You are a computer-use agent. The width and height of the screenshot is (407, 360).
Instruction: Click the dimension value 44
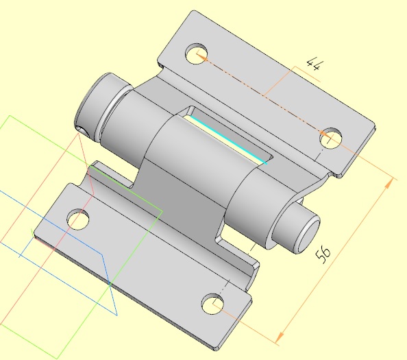click(x=315, y=65)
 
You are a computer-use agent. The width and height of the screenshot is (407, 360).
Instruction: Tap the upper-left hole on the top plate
click(x=197, y=53)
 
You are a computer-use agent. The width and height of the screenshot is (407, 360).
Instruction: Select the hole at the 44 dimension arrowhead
click(x=330, y=138)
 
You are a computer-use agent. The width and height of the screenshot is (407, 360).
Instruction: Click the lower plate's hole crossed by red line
click(x=78, y=219)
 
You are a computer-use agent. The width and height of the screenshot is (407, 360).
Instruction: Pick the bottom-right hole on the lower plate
click(x=212, y=304)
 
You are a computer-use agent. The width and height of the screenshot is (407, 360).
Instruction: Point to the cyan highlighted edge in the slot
click(x=228, y=140)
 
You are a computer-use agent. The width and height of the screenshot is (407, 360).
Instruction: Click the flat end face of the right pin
click(x=310, y=236)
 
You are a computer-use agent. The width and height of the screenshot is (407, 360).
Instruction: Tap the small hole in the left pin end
click(x=83, y=131)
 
